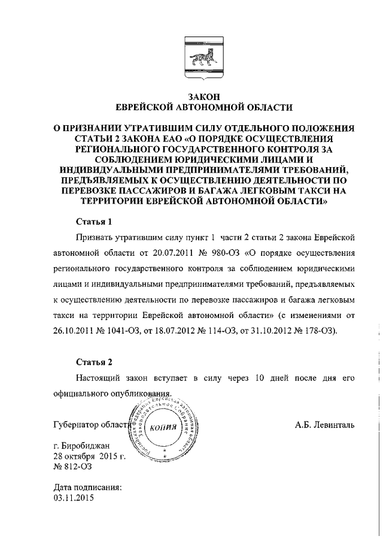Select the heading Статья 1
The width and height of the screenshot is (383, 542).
coord(95,222)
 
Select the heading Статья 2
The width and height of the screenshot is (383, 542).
coord(95,362)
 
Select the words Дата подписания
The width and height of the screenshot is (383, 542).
coord(87,488)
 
